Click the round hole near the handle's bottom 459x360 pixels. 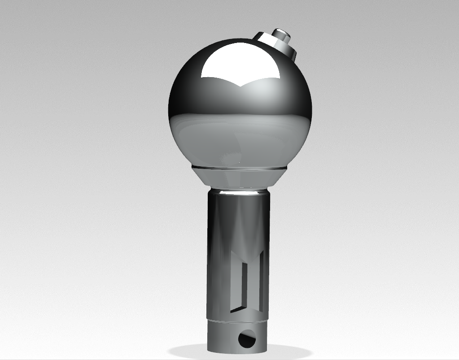point(246,339)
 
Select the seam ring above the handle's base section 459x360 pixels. point(238,321)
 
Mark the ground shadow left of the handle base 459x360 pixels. point(188,351)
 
